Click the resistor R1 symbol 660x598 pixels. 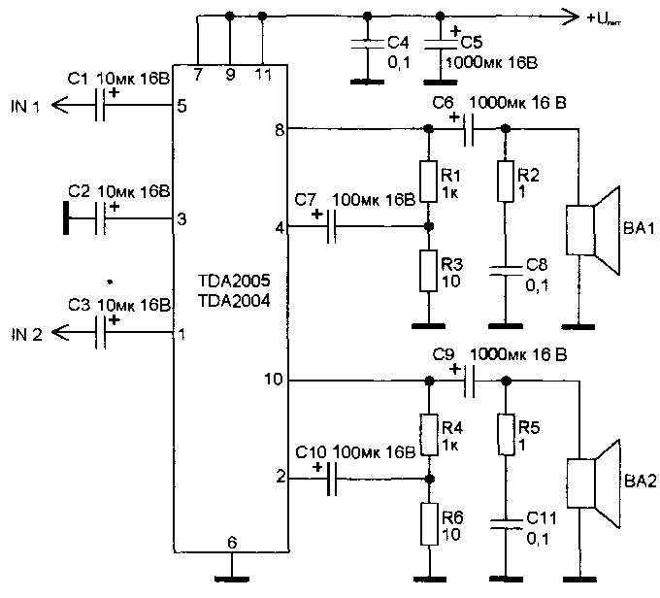pos(428,182)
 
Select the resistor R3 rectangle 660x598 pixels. pos(428,271)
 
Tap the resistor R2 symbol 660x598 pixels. pos(506,182)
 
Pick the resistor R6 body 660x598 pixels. pos(429,525)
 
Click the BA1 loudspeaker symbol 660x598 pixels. pos(593,230)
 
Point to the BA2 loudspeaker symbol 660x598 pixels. pos(593,483)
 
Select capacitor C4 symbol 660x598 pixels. pos(368,45)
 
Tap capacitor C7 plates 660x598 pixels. pos(331,227)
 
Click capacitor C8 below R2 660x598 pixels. pos(506,271)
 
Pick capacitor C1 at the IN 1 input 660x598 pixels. pos(100,105)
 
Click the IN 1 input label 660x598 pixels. pos(25,107)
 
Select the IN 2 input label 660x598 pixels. pos(26,334)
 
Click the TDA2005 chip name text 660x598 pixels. pos(234,281)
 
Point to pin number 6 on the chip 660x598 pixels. pos(232,543)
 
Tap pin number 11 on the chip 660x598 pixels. pos(264,75)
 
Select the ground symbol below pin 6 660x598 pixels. pos(232,579)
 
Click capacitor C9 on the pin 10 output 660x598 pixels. pos(470,382)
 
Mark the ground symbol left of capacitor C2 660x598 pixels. pos(66,218)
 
